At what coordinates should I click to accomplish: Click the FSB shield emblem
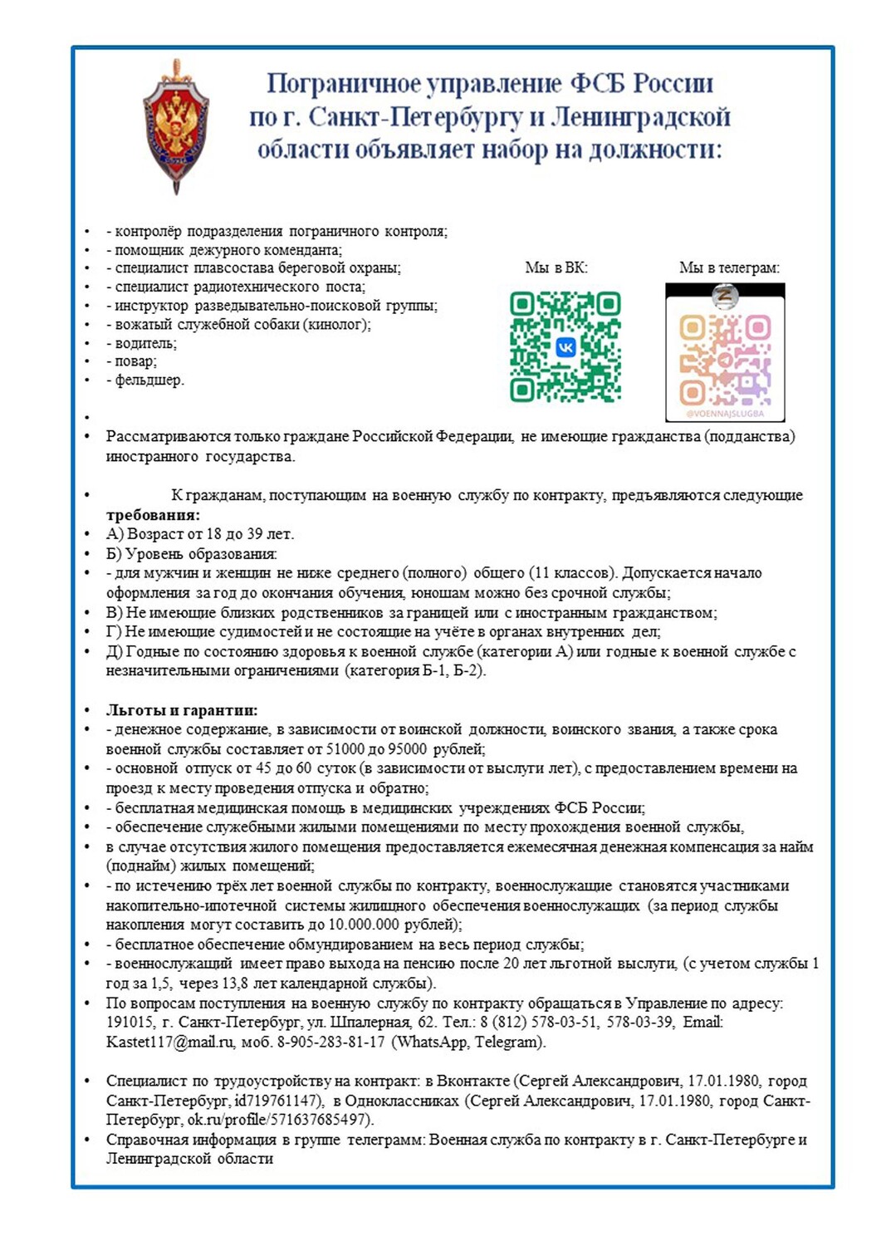pos(175,126)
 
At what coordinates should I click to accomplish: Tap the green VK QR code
pos(565,346)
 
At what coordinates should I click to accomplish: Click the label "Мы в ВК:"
pos(556,267)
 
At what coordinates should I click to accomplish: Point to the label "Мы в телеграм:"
pos(729,267)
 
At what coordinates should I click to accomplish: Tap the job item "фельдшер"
pos(149,380)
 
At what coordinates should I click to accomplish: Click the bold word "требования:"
pos(153,515)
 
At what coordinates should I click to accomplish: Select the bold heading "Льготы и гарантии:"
pos(182,710)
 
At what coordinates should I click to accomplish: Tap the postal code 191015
pos(130,1023)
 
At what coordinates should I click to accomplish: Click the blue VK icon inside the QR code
pos(565,347)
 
